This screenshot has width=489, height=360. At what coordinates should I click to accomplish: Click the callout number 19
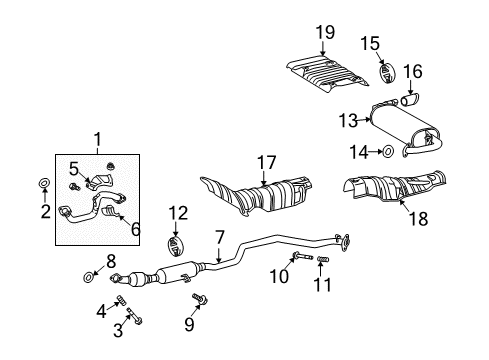click(x=324, y=33)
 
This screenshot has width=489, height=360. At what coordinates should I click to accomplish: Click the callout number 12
click(x=177, y=211)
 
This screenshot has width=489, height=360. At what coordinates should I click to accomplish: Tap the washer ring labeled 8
click(x=87, y=274)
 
